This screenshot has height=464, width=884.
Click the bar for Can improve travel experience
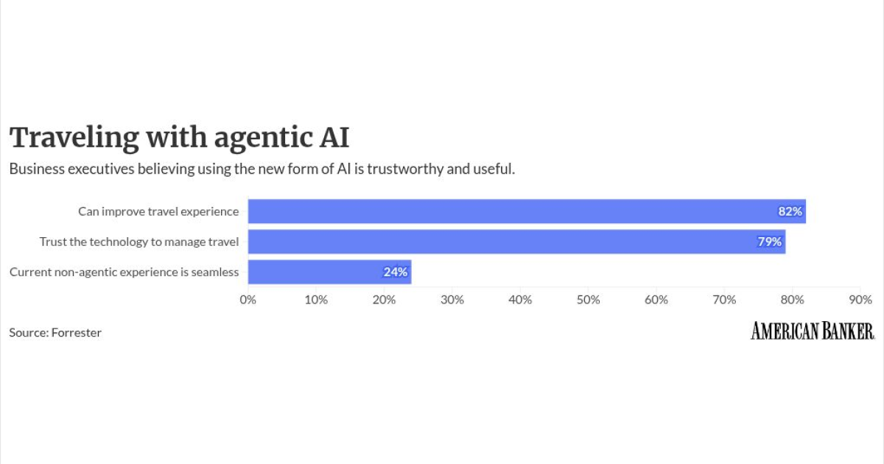[x=527, y=211]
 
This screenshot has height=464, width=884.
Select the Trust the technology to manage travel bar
[x=516, y=242]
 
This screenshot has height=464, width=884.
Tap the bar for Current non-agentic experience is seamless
[x=329, y=272]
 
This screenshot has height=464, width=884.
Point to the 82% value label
[x=790, y=211]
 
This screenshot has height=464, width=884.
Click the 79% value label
[x=769, y=242]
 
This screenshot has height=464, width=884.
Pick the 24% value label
[x=395, y=272]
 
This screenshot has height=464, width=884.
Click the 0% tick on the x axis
[x=248, y=300]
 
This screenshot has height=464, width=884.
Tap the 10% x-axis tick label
[x=316, y=300]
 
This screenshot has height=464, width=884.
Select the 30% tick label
[x=452, y=300]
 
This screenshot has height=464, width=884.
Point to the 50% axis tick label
[x=588, y=300]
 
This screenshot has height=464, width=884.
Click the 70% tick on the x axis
[x=724, y=300]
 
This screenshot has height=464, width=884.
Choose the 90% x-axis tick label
[x=860, y=300]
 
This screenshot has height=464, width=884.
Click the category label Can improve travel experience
[x=158, y=212]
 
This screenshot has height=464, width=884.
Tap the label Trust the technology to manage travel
[x=139, y=242]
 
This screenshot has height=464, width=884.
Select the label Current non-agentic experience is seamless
[x=124, y=273]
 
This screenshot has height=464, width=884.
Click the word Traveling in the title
[x=74, y=138]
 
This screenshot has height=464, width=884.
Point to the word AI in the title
[x=334, y=138]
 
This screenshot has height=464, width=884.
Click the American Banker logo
[x=813, y=331]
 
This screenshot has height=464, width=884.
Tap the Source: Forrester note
[x=55, y=333]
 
